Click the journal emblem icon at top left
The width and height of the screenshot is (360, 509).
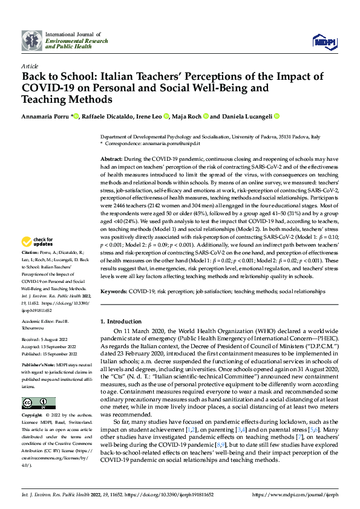point(31,40)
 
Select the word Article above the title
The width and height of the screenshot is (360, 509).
point(29,66)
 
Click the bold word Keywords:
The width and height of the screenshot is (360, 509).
point(114,291)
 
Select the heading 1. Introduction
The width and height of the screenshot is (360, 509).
point(121,321)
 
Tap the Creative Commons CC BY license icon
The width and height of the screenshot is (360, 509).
point(39,403)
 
